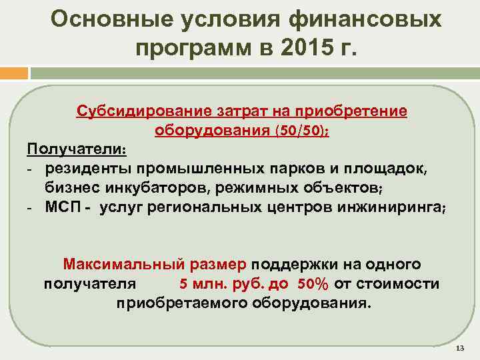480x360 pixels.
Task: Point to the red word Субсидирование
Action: click(x=134, y=110)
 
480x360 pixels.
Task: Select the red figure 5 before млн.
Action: click(x=183, y=284)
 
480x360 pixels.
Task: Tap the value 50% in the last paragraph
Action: click(x=313, y=284)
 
